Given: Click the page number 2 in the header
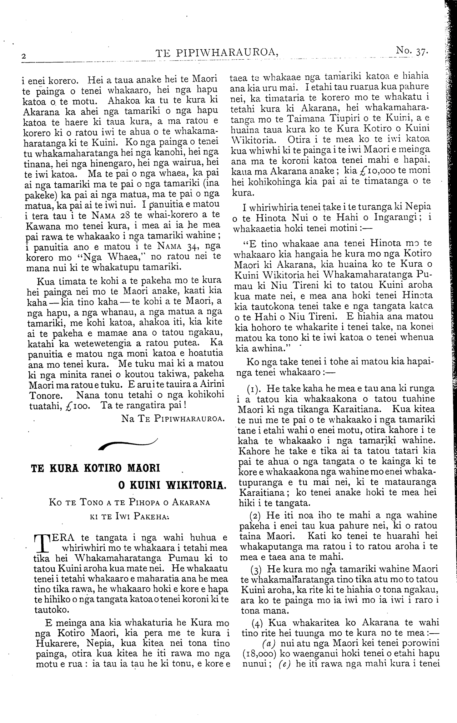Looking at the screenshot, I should coord(24,56).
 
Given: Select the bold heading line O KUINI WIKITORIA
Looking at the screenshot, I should coord(172,485).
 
